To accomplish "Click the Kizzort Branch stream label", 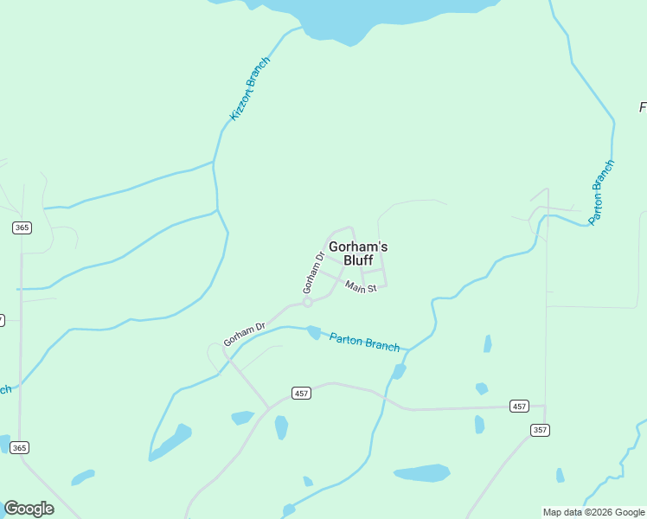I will tap(250, 88).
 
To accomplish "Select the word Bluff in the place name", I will tap(358, 259).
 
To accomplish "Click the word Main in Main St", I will tap(355, 285).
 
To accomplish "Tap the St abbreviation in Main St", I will tap(371, 289).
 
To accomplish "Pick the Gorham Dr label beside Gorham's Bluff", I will tap(312, 272).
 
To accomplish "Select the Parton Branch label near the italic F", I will tap(601, 192).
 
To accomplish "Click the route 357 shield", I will tap(540, 430).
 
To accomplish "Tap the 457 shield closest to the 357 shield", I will tap(519, 406).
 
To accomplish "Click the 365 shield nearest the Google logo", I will tap(21, 447).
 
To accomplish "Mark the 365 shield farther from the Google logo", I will tap(22, 227).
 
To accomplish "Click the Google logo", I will tap(29, 509).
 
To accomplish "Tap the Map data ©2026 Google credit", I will tap(593, 512).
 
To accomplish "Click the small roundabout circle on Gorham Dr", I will tap(307, 303).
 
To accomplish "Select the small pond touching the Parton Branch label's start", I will tap(314, 332).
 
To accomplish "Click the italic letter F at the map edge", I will tap(643, 107).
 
